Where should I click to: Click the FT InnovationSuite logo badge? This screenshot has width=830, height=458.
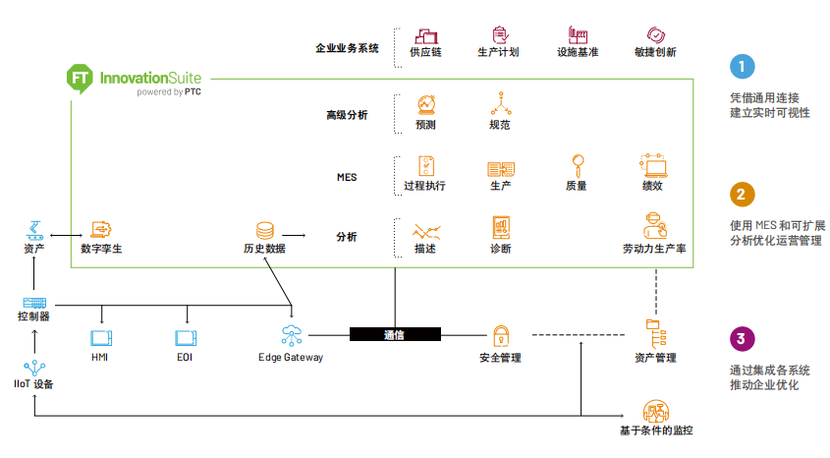point(81,79)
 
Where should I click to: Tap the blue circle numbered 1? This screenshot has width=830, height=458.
point(743,67)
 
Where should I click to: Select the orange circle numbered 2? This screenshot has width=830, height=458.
point(743,194)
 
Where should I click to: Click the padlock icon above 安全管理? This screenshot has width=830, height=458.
point(501,334)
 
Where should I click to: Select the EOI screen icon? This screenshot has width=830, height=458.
point(186,338)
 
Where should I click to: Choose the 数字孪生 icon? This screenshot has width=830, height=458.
point(100,229)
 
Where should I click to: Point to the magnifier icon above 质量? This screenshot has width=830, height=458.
point(578,164)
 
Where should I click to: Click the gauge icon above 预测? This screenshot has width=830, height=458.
point(426,103)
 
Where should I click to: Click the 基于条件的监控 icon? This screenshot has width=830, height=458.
point(655,411)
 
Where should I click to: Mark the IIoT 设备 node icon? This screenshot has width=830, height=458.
point(34,367)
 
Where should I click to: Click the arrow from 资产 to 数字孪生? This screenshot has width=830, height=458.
point(65,235)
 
